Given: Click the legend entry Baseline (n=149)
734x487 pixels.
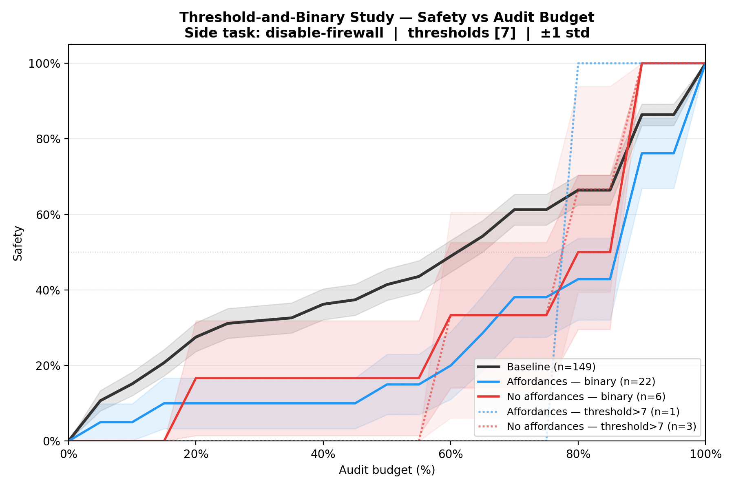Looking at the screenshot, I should click(x=551, y=367).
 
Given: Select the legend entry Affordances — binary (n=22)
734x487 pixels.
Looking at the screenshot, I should click(x=581, y=382).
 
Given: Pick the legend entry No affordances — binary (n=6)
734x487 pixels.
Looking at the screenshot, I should click(x=586, y=396).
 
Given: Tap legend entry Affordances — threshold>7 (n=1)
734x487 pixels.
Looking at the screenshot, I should click(x=593, y=412).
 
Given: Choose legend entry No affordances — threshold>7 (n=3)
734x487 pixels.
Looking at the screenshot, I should click(x=601, y=427).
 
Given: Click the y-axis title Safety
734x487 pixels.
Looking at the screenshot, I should click(x=18, y=243).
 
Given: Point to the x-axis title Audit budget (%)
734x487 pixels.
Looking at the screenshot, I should click(x=387, y=470).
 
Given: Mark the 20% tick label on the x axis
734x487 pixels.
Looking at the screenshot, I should click(x=196, y=454).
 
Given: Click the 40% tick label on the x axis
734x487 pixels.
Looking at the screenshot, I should click(x=323, y=454).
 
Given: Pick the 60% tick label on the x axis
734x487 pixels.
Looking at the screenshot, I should click(x=450, y=454).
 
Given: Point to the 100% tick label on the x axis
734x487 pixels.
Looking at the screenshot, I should click(x=705, y=454).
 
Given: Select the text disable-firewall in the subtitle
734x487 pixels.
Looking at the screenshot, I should click(x=324, y=33).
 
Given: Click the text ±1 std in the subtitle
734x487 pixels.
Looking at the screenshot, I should click(x=565, y=33).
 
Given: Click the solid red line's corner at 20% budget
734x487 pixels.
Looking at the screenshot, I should click(x=196, y=378).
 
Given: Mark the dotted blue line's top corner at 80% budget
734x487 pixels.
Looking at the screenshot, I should click(x=578, y=64).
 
